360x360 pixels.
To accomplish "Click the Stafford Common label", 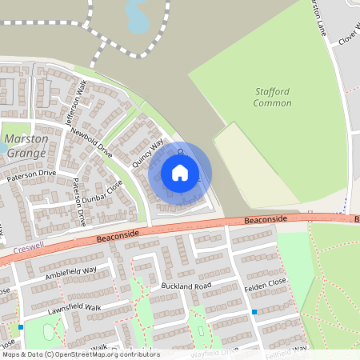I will click(x=271, y=98).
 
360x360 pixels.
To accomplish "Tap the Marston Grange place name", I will click(x=26, y=144).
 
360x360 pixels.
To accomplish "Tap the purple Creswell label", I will click(x=30, y=250).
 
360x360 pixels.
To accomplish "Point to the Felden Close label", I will click(x=266, y=286).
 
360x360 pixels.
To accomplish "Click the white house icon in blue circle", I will click(x=180, y=172).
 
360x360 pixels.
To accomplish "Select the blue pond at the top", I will click(x=137, y=16).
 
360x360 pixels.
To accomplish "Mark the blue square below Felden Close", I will click(x=254, y=312).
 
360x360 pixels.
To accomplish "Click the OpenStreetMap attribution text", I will click(x=80, y=354).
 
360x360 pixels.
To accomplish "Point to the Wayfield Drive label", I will click(x=214, y=351).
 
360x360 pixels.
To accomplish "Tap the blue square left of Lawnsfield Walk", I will click(x=22, y=326).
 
